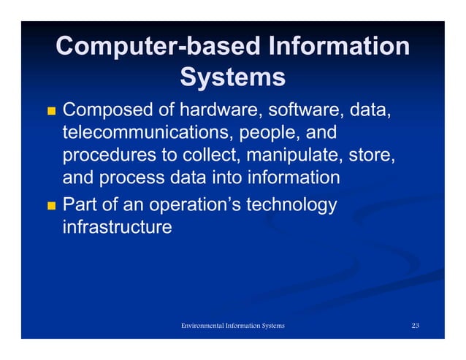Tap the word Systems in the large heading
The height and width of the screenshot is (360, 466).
pyautogui.click(x=232, y=77)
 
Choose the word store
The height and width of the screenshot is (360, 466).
pyautogui.click(x=373, y=156)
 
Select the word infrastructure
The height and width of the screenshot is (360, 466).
pyautogui.click(x=118, y=227)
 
